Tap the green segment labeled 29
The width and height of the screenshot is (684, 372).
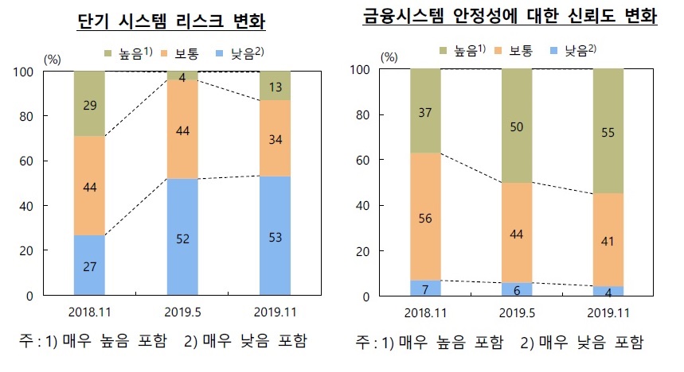(x=89, y=103)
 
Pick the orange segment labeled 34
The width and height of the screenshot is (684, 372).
(x=275, y=138)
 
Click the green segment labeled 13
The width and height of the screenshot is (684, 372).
(x=275, y=86)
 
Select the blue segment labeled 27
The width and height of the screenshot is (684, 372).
(x=89, y=265)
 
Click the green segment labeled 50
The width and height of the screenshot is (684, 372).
(x=517, y=126)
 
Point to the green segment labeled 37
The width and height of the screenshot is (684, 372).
(x=425, y=111)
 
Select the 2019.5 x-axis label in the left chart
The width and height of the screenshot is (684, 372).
(x=182, y=311)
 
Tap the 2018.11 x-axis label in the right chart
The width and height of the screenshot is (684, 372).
(x=425, y=312)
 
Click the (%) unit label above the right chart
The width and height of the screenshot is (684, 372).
(x=389, y=56)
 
